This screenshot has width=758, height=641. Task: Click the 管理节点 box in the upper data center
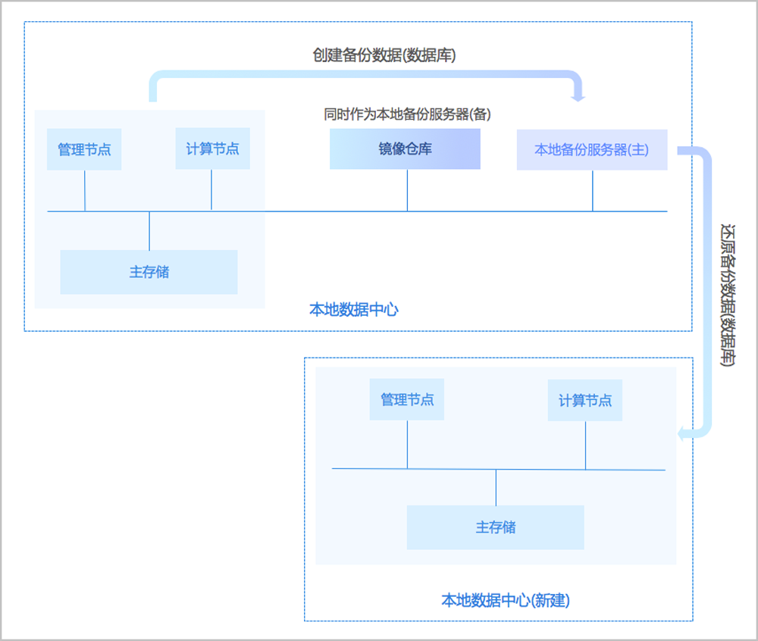[84, 149]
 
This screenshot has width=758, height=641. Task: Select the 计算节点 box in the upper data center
[212, 149]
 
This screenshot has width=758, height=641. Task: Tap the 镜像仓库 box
[405, 149]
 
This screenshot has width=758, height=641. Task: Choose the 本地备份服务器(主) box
[592, 149]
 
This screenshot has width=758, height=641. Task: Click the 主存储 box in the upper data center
[149, 272]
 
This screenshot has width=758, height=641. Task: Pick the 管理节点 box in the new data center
[407, 399]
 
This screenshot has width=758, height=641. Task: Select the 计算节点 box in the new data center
[585, 400]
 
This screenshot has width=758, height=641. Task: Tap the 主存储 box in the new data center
[496, 527]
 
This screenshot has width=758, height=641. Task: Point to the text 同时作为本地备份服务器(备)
[408, 114]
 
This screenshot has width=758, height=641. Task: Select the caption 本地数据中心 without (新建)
[354, 309]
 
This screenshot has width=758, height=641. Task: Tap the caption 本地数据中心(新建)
[506, 601]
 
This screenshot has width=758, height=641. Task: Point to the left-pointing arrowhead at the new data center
[682, 433]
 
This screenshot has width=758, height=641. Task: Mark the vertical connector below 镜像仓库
[407, 190]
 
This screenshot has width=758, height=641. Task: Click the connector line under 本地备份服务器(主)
[592, 190]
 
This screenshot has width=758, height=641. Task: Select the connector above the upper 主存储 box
[149, 230]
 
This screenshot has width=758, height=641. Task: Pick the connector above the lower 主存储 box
[496, 487]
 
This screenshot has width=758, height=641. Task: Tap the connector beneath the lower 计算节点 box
[585, 445]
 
